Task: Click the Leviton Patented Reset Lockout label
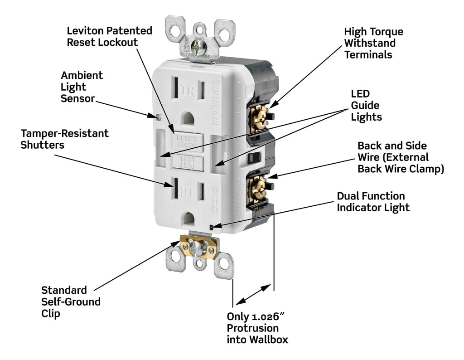109,37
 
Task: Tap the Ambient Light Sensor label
82,86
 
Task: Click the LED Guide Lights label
366,105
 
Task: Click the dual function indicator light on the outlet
212,226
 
